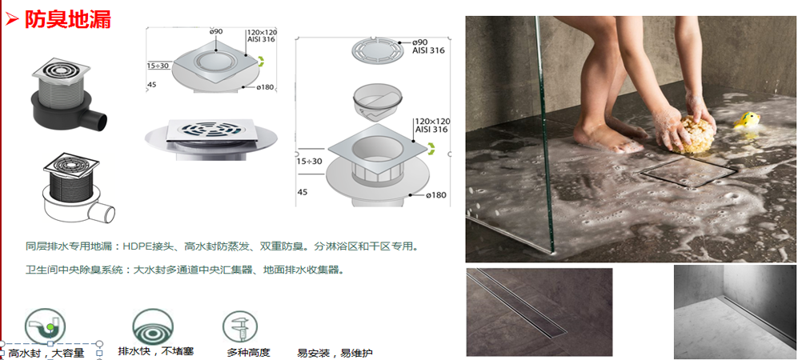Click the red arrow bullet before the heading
11,18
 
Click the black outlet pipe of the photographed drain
98,121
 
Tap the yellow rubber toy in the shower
749,120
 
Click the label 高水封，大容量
46,353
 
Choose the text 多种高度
248,352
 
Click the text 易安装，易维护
335,353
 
